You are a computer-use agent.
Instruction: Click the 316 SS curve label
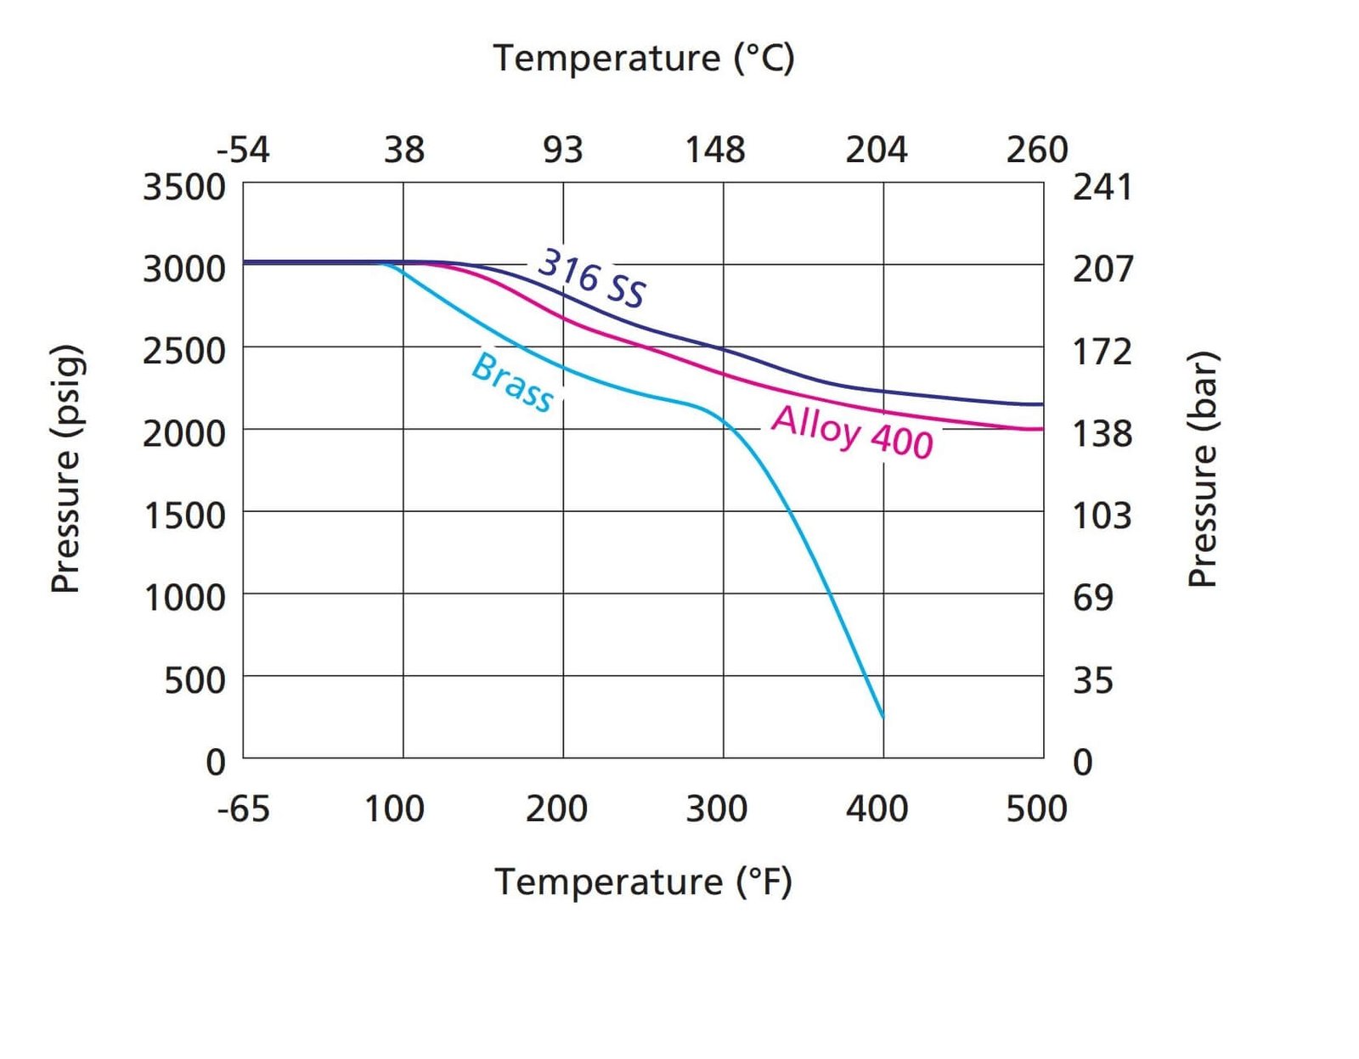[592, 277]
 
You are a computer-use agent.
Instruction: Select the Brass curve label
[512, 382]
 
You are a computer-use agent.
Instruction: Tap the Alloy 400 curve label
[852, 431]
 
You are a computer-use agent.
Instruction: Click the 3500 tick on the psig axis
[184, 187]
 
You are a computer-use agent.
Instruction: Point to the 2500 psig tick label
[184, 351]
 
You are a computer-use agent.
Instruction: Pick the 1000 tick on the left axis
[184, 598]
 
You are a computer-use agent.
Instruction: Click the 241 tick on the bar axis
[1102, 187]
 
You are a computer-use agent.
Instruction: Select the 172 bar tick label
[1102, 351]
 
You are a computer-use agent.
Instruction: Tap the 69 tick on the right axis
[1093, 598]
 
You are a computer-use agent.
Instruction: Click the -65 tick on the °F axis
[243, 808]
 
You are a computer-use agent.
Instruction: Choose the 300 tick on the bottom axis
[717, 808]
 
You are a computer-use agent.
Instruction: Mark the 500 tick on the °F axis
[1036, 808]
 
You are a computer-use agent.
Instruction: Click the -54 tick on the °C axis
[243, 149]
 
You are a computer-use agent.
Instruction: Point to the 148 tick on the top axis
[715, 149]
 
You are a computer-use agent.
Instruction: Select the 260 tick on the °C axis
[1036, 149]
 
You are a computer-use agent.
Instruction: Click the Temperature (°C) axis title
[644, 58]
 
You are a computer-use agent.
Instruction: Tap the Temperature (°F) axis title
[644, 882]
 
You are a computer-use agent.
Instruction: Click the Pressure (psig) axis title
[66, 469]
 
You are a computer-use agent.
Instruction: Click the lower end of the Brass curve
[883, 716]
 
